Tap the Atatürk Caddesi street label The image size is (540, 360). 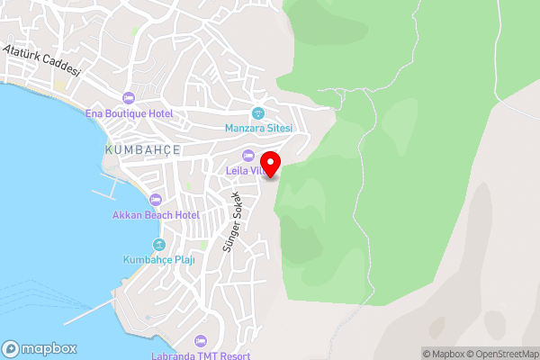coord(42,60)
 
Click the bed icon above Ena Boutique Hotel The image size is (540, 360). coord(128,98)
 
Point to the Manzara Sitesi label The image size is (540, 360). coord(259,129)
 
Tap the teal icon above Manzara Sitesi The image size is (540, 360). coord(258,112)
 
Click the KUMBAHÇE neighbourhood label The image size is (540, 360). coord(143,149)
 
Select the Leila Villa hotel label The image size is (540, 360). coord(242,171)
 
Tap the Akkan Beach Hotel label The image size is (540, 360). coord(156,215)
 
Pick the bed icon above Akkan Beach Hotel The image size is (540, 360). coord(156,200)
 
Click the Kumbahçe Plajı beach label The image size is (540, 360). coord(159,259)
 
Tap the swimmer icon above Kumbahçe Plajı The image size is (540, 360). coord(159,244)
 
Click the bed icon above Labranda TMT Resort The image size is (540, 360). coord(201,341)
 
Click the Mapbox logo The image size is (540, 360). coord(40,349)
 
